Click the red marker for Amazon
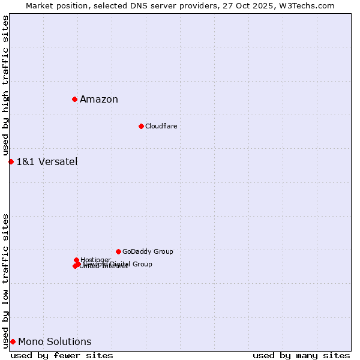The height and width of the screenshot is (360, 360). (74, 99)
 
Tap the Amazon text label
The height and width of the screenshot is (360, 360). (99, 100)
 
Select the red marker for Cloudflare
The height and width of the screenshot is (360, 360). (141, 126)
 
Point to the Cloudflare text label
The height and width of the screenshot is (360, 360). (161, 126)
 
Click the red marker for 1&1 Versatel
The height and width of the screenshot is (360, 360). (11, 161)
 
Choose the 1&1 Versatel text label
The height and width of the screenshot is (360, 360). (47, 161)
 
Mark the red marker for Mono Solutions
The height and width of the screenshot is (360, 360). (13, 342)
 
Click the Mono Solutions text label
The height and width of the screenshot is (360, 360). (55, 342)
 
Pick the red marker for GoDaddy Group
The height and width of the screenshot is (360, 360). (118, 251)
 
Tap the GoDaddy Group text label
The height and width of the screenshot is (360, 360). (148, 251)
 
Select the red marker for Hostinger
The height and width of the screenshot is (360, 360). (76, 260)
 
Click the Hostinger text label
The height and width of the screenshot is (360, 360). (95, 260)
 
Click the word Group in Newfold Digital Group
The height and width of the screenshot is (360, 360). (142, 264)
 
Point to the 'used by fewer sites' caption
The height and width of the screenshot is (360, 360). (62, 355)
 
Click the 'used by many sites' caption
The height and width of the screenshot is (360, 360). (301, 355)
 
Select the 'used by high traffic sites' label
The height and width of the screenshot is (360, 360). (6, 86)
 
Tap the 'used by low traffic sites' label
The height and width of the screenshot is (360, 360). (6, 281)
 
